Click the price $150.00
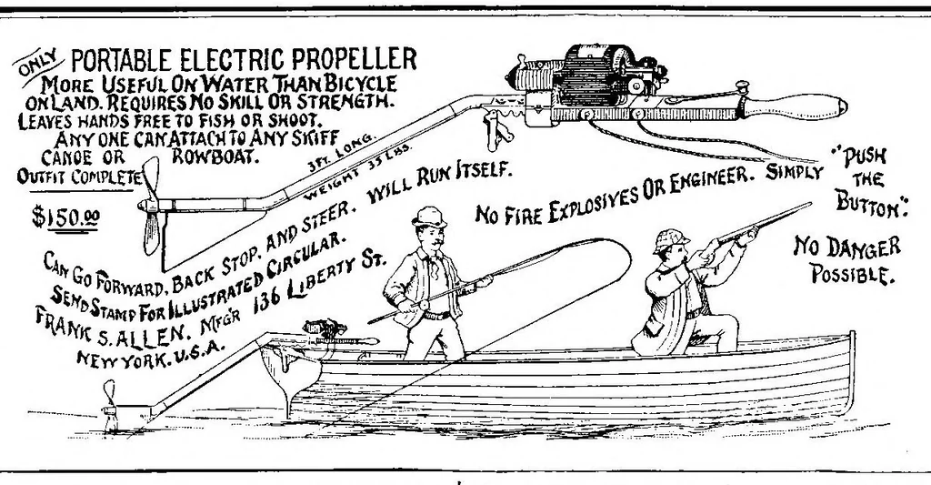point(65,217)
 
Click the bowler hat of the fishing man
point(429,217)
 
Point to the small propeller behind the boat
point(110,404)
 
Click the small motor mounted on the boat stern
point(325,328)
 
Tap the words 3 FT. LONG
point(343,152)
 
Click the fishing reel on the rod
point(423,305)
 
